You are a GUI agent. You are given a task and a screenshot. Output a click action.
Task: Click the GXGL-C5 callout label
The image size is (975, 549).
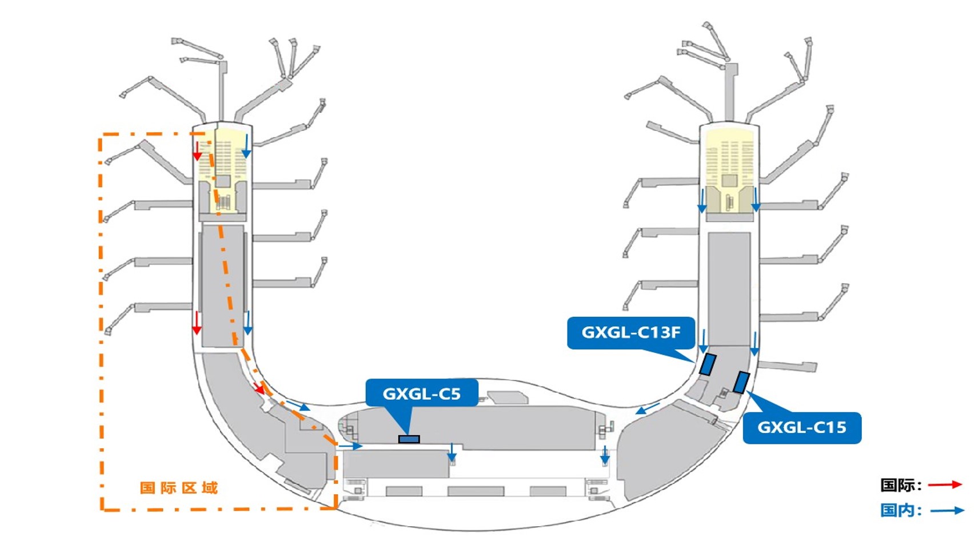pyautogui.click(x=422, y=393)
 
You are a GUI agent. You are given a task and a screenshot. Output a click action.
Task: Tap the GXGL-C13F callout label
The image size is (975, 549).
pyautogui.click(x=630, y=332)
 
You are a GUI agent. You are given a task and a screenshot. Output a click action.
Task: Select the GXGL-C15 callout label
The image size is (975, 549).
pyautogui.click(x=802, y=427)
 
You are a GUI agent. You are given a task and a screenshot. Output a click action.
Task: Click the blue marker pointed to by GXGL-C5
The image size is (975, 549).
pyautogui.click(x=409, y=439)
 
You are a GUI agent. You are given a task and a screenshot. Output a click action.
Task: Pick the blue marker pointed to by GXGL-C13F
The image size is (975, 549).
pyautogui.click(x=708, y=364)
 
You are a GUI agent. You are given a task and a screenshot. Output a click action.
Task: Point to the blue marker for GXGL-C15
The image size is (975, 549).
pyautogui.click(x=741, y=382)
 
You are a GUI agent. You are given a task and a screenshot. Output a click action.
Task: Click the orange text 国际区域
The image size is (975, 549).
pyautogui.click(x=179, y=488)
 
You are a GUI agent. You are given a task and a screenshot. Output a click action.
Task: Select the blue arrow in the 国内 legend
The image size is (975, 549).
pyautogui.click(x=946, y=510)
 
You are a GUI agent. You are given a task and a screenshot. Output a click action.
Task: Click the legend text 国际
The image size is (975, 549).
pyautogui.click(x=900, y=485)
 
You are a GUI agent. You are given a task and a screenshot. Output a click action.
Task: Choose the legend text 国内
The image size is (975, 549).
pyautogui.click(x=900, y=510)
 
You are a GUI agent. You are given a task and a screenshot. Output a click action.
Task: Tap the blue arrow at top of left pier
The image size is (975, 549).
pyautogui.click(x=246, y=146)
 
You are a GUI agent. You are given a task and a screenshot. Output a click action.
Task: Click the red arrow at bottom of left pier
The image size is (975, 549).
pyautogui.click(x=197, y=323)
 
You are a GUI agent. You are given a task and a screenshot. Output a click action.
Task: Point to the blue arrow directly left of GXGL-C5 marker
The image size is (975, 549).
pyautogui.click(x=350, y=446)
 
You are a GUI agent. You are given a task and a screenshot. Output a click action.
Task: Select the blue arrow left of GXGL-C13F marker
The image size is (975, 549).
pyautogui.click(x=703, y=341)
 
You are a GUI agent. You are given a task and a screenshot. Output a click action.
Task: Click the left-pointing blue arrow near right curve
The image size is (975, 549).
pyautogui.click(x=648, y=408)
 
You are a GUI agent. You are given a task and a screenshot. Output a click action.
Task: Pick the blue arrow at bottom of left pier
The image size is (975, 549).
pyautogui.click(x=247, y=323)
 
